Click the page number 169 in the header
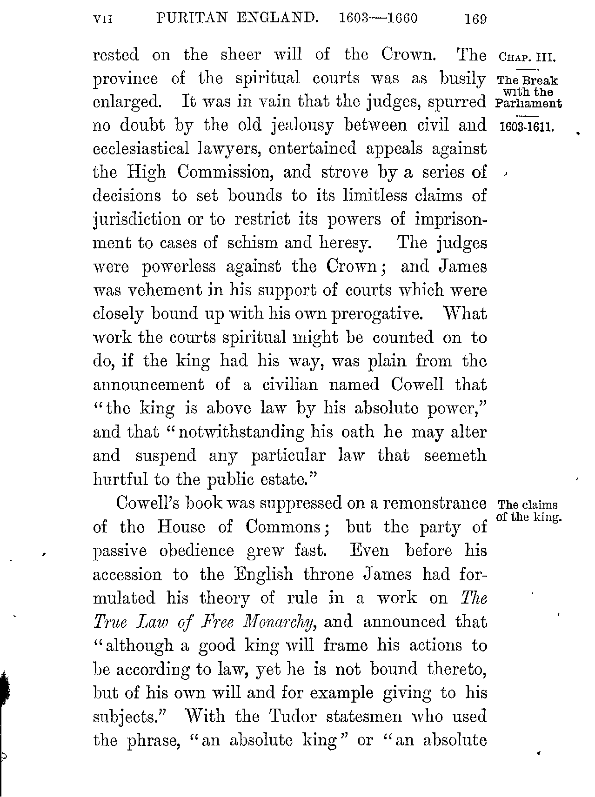(475, 19)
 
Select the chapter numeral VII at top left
(103, 19)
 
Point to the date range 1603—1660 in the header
(378, 18)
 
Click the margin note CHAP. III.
(527, 58)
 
